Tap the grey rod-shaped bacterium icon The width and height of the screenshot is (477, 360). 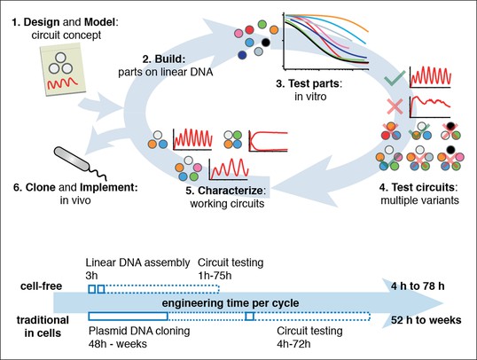pyautogui.click(x=72, y=159)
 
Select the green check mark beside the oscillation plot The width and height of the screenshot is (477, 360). pyautogui.click(x=395, y=78)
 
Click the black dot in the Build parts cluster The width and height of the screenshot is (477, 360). pyautogui.click(x=266, y=43)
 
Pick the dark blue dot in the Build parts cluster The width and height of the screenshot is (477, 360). pyautogui.click(x=242, y=55)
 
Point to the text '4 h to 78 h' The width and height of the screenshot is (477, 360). pyautogui.click(x=418, y=286)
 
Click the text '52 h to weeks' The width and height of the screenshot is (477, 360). pyautogui.click(x=426, y=320)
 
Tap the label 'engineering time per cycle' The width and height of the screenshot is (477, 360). pyautogui.click(x=231, y=303)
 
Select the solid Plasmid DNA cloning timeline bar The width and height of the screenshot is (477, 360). pyautogui.click(x=128, y=317)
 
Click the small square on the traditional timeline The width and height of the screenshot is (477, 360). pyautogui.click(x=250, y=317)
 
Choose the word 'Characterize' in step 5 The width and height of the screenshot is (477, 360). pyautogui.click(x=231, y=190)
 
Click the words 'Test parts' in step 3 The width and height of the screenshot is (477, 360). pyautogui.click(x=314, y=83)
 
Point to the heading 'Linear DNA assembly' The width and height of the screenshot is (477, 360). pyautogui.click(x=137, y=262)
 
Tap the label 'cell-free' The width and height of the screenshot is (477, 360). pyautogui.click(x=41, y=286)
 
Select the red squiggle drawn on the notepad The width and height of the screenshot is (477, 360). pyautogui.click(x=63, y=83)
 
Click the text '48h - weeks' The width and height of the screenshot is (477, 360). pyautogui.click(x=118, y=344)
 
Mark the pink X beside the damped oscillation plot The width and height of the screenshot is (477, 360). pyautogui.click(x=395, y=106)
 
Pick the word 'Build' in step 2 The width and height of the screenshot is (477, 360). pyautogui.click(x=169, y=59)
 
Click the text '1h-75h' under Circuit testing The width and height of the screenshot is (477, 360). pyautogui.click(x=215, y=276)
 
